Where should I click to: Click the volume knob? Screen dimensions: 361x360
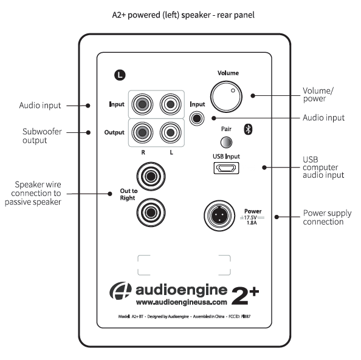pyautogui.click(x=226, y=97)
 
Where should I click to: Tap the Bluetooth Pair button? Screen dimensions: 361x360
pyautogui.click(x=226, y=143)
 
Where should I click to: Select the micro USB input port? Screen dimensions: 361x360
pyautogui.click(x=226, y=168)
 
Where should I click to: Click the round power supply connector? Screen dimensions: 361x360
pyautogui.click(x=219, y=216)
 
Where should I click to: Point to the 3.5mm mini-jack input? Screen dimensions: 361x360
pyautogui.click(x=197, y=118)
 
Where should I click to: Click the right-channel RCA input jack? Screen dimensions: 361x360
pyautogui.click(x=142, y=104)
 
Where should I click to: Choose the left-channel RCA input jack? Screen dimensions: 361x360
pyautogui.click(x=170, y=104)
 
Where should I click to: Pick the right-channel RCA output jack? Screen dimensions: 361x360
pyautogui.click(x=142, y=132)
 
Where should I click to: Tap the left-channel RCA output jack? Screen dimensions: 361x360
pyautogui.click(x=170, y=132)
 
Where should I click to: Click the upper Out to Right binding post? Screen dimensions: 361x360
pyautogui.click(x=151, y=177)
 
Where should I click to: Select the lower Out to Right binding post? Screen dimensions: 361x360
pyautogui.click(x=151, y=212)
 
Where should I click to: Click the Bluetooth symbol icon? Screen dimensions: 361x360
pyautogui.click(x=248, y=129)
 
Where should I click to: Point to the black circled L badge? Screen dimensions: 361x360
pyautogui.click(x=120, y=75)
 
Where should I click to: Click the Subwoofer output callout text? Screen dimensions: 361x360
pyautogui.click(x=42, y=136)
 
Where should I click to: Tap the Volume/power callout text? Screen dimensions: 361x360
pyautogui.click(x=318, y=95)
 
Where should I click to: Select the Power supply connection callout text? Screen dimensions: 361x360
pyautogui.click(x=327, y=217)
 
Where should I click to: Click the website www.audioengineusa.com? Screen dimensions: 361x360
pyautogui.click(x=182, y=302)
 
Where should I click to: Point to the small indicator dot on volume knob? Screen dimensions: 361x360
pyautogui.click(x=233, y=90)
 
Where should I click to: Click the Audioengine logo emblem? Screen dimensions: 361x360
pyautogui.click(x=121, y=291)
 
